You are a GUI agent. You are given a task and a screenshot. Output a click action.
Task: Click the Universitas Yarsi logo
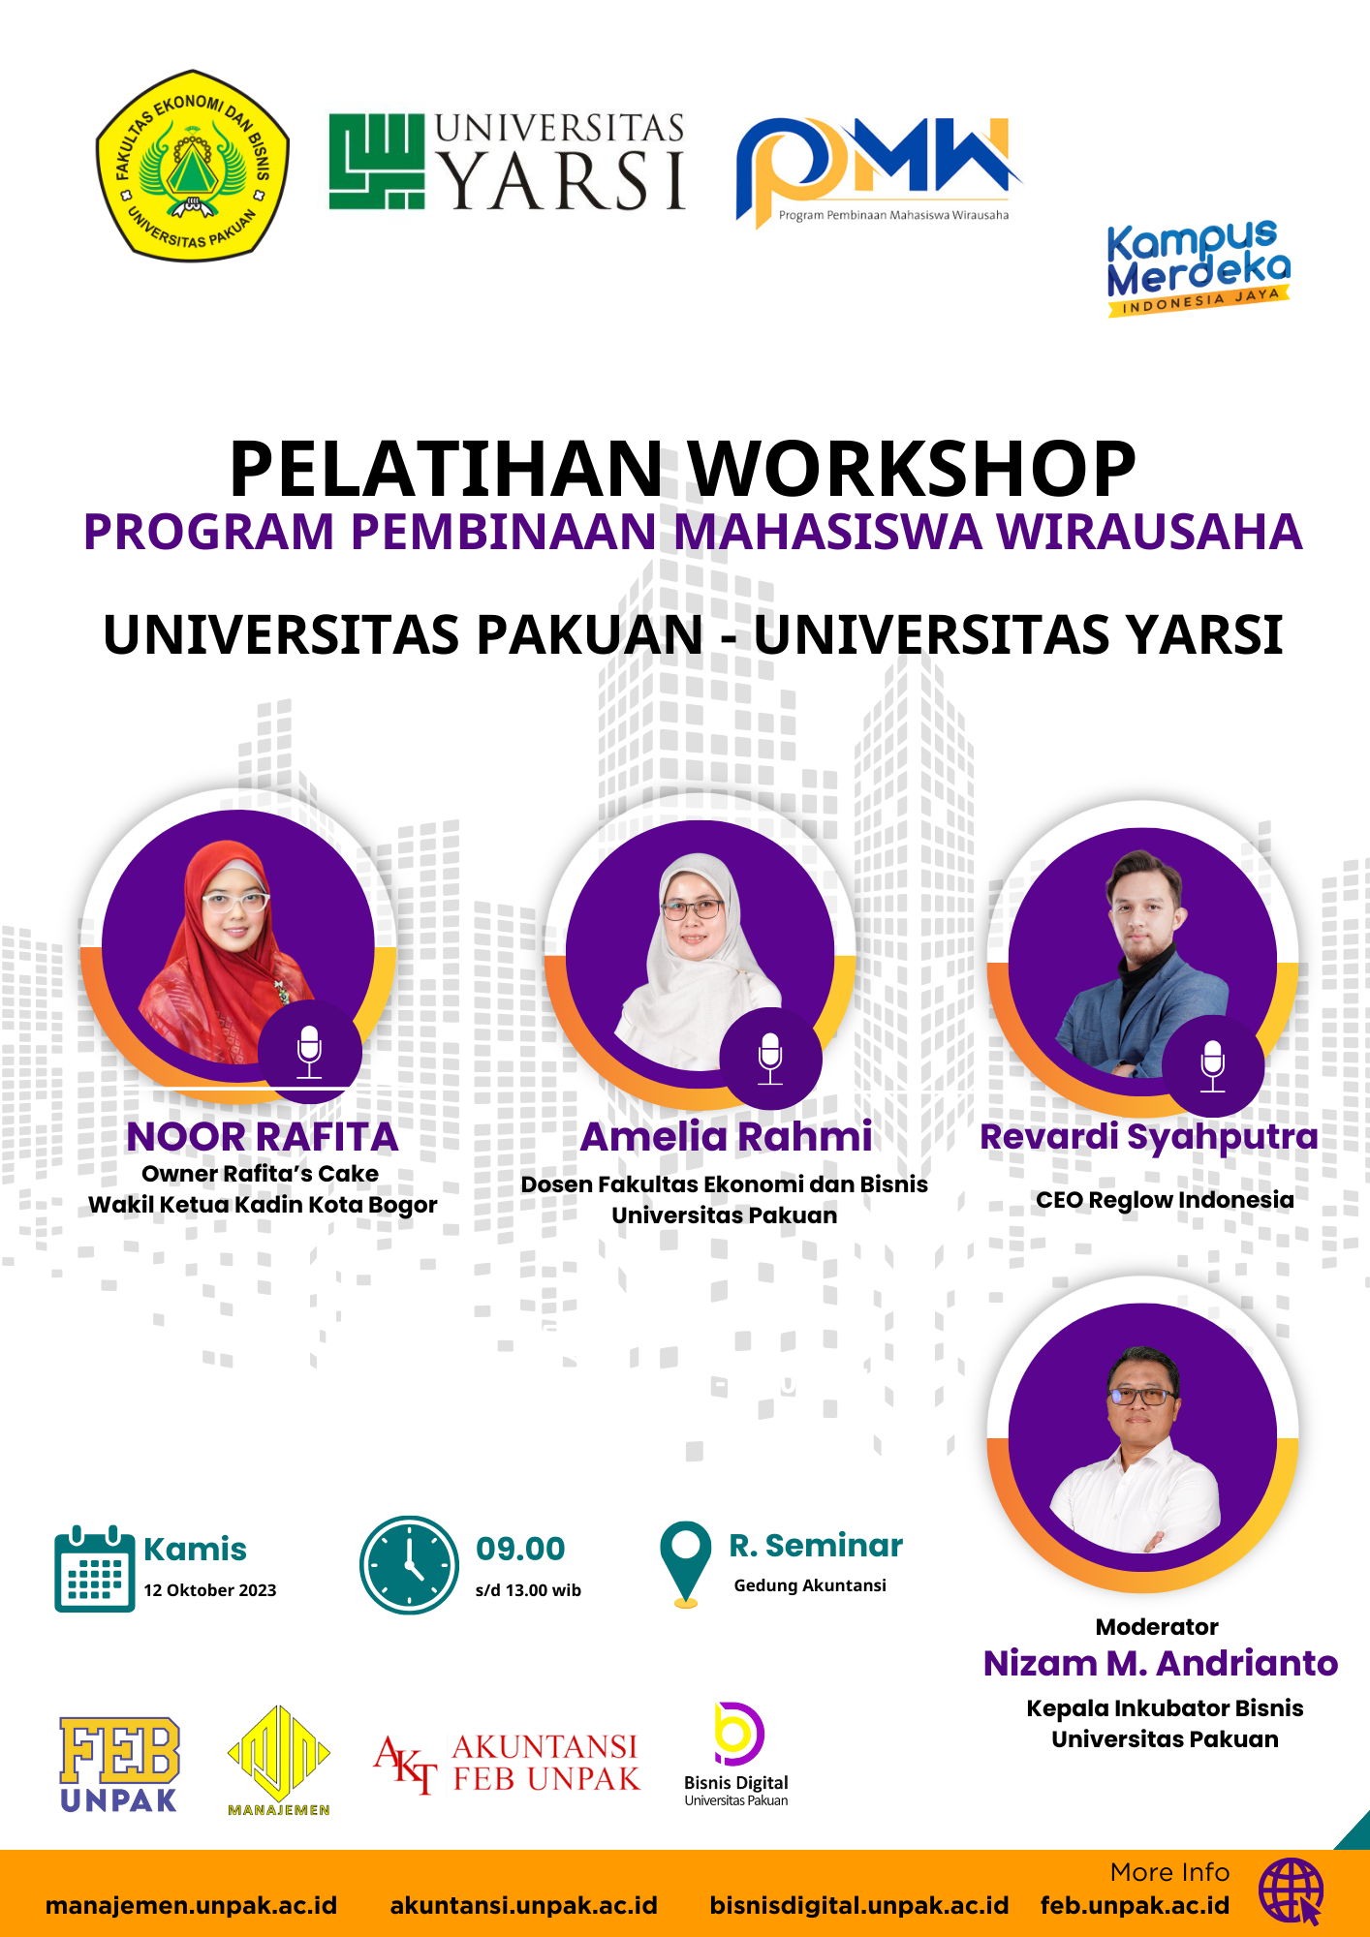pyautogui.click(x=507, y=162)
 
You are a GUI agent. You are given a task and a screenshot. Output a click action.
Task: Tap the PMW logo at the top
pyautogui.click(x=877, y=170)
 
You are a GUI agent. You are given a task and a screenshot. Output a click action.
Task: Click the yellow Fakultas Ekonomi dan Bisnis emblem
pyautogui.click(x=193, y=166)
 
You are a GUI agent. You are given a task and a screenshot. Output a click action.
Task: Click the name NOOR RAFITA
pyautogui.click(x=263, y=1137)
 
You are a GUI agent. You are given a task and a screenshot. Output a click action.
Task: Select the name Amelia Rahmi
pyautogui.click(x=726, y=1137)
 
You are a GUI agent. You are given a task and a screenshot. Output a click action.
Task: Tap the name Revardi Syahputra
pyautogui.click(x=1149, y=1138)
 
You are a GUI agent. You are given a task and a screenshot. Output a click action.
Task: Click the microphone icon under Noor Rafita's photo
pyautogui.click(x=309, y=1052)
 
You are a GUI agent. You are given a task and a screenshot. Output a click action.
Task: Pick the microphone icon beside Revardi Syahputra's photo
pyautogui.click(x=1213, y=1065)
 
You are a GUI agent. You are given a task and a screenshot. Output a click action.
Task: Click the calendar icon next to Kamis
pyautogui.click(x=94, y=1568)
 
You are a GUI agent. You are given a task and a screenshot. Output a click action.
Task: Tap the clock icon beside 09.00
pyautogui.click(x=409, y=1565)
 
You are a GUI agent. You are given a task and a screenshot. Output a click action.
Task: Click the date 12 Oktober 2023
pyautogui.click(x=210, y=1590)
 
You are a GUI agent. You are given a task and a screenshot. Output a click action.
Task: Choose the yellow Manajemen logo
pyautogui.click(x=279, y=1761)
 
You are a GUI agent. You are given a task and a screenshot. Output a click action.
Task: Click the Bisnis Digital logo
pyautogui.click(x=736, y=1754)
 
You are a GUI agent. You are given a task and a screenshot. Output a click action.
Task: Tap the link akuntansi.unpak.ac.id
pyautogui.click(x=524, y=1906)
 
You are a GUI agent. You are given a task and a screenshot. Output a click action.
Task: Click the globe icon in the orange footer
pyautogui.click(x=1292, y=1891)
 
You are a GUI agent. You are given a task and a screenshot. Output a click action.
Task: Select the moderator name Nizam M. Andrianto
pyautogui.click(x=1161, y=1663)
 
